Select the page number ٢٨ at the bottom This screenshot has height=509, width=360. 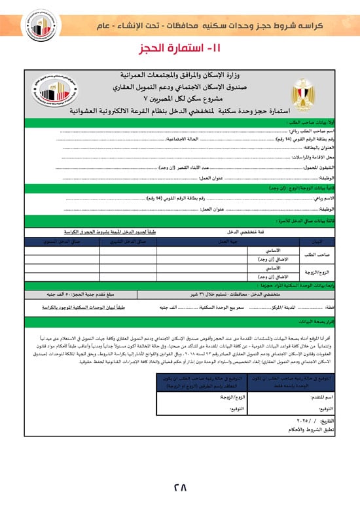180,487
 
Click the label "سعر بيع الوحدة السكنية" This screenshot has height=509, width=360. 219,307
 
